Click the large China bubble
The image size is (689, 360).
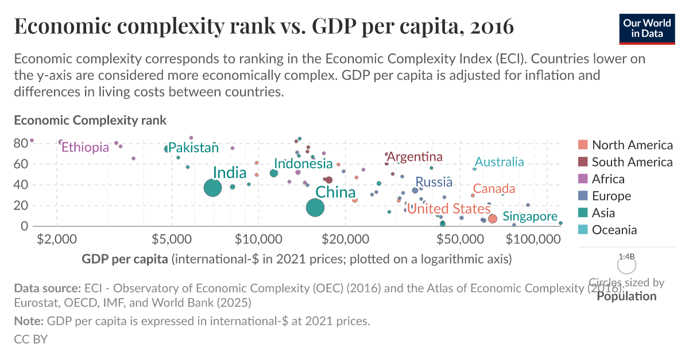coord(315,208)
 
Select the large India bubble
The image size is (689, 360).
coord(213,187)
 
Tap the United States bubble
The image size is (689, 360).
coord(492,219)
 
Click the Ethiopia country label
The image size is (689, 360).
coord(85,147)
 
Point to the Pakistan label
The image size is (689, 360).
coord(193,148)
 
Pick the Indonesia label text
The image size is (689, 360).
coord(303,164)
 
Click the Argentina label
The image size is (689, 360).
coord(415,157)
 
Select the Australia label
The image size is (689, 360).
coord(499,162)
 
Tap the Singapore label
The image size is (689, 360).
coord(530,216)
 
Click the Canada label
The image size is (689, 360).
coord(494,189)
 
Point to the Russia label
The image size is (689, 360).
coord(433,182)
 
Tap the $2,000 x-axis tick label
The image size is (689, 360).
coord(56,238)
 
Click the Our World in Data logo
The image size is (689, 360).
coord(647,29)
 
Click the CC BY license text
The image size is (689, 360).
coord(30,339)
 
